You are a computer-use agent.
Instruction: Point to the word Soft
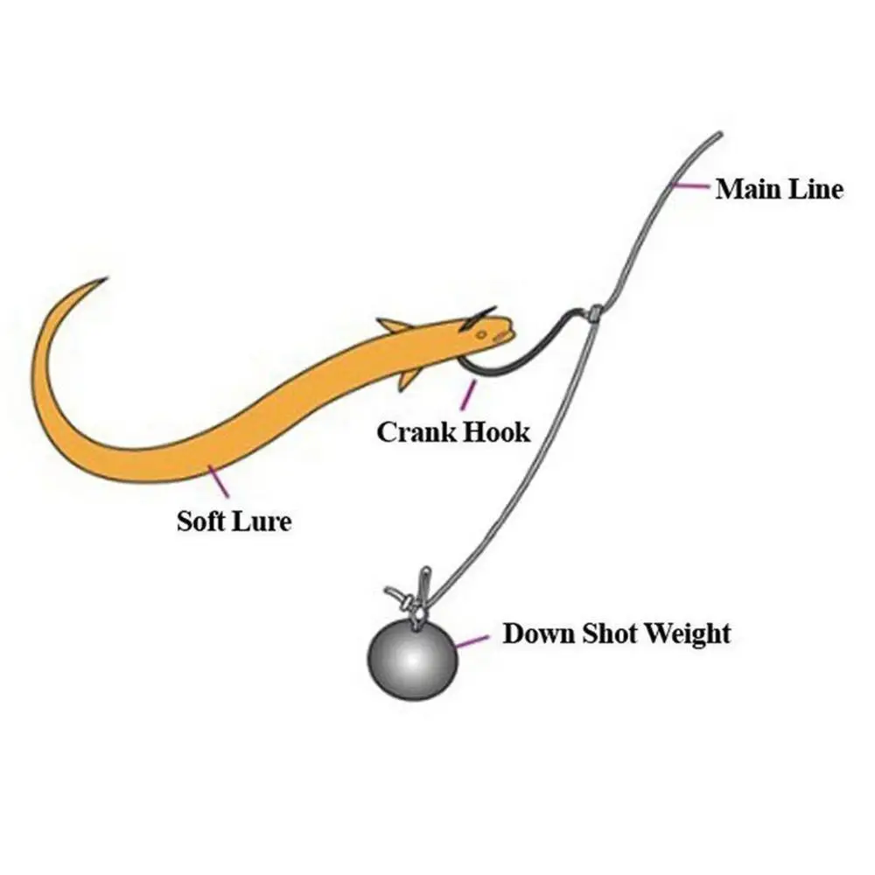(x=202, y=522)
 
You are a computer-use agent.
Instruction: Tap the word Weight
(x=688, y=633)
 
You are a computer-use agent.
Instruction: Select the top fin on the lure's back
(x=395, y=325)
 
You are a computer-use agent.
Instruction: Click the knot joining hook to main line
(x=594, y=312)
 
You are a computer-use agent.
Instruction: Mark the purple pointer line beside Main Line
(x=693, y=185)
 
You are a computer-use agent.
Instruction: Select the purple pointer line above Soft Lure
(x=218, y=480)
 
